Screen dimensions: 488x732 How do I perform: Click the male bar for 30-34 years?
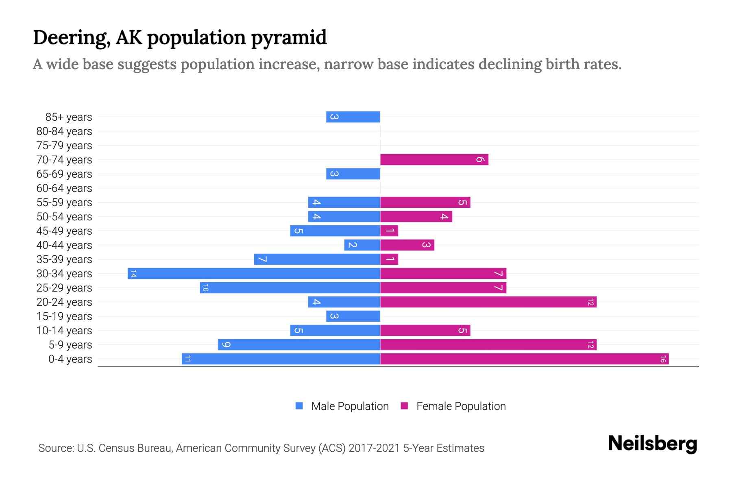pyautogui.click(x=254, y=273)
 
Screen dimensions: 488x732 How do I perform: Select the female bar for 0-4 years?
pyautogui.click(x=524, y=359)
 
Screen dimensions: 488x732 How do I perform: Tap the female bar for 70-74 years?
pyautogui.click(x=434, y=159)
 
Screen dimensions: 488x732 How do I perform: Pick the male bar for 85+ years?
pyautogui.click(x=353, y=117)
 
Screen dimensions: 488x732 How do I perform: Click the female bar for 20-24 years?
pyautogui.click(x=488, y=302)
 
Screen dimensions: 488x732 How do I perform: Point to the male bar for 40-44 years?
pyautogui.click(x=362, y=245)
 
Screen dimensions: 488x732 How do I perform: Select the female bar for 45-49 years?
pyautogui.click(x=389, y=231)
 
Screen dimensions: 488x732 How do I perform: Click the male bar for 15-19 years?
pyautogui.click(x=353, y=316)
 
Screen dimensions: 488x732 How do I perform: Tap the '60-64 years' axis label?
pyautogui.click(x=64, y=188)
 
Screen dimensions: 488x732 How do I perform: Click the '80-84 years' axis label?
pyautogui.click(x=64, y=131)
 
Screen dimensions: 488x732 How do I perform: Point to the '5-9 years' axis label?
pyautogui.click(x=70, y=345)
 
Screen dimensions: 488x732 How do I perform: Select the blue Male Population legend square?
pyautogui.click(x=299, y=406)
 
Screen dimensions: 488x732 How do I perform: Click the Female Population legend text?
pyautogui.click(x=461, y=406)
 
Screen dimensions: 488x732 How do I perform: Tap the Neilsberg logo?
pyautogui.click(x=652, y=443)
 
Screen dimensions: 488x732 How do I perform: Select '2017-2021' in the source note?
pyautogui.click(x=374, y=448)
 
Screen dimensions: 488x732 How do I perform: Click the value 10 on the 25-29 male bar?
pyautogui.click(x=205, y=288)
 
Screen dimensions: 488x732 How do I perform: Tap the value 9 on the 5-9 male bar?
pyautogui.click(x=227, y=345)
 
